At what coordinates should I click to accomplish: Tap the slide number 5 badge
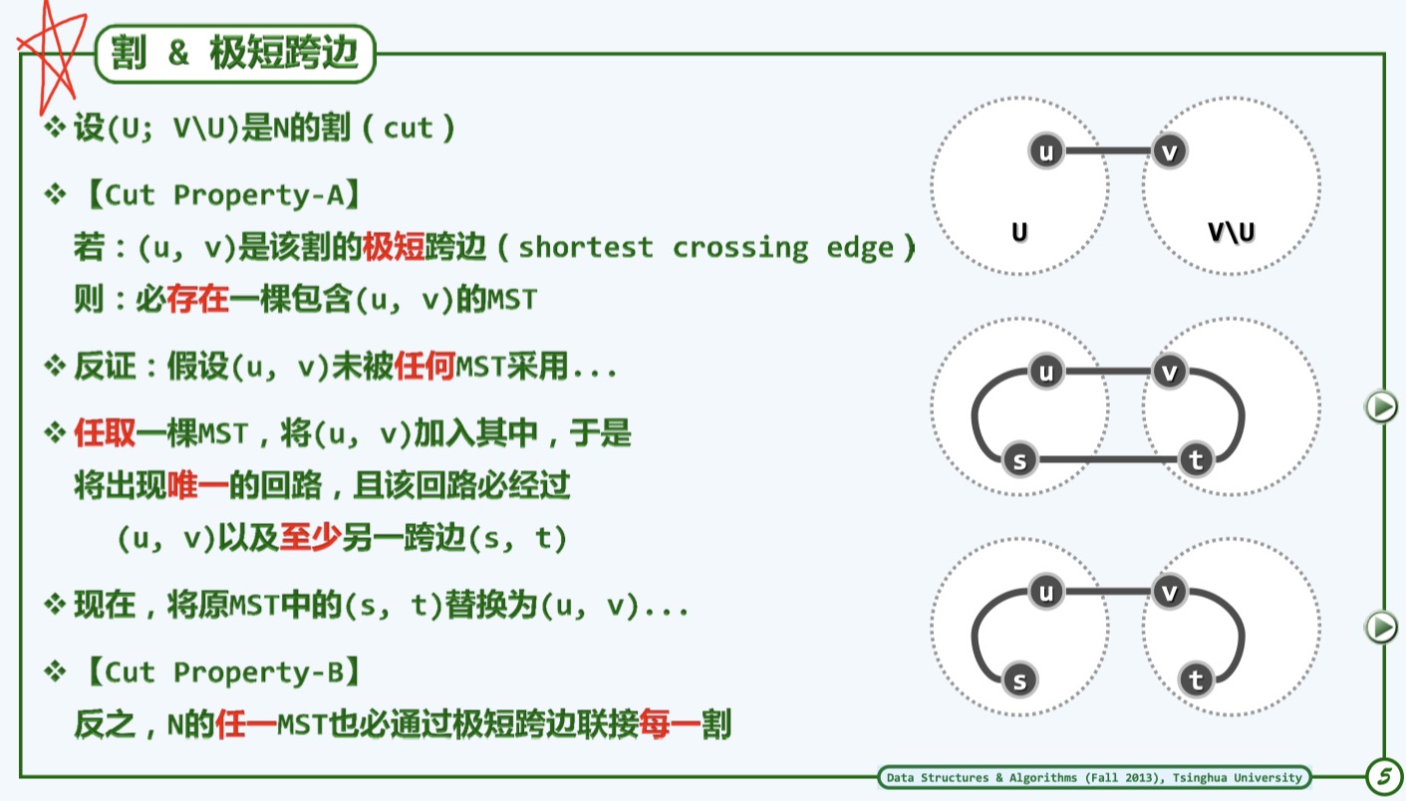tap(1383, 776)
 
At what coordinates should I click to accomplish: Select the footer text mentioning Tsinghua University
tap(1093, 777)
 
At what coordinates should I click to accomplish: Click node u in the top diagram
tap(1046, 151)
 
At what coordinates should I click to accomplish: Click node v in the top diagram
tap(1170, 151)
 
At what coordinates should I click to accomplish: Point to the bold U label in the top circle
tap(1019, 232)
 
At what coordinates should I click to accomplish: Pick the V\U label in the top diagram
tap(1232, 233)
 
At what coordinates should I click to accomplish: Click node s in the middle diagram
tap(1018, 460)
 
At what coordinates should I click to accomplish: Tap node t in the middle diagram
tap(1196, 460)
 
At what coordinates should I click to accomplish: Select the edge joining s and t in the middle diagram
tap(1106, 460)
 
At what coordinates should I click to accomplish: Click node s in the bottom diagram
tap(1018, 680)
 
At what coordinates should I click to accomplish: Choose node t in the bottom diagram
tap(1196, 680)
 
